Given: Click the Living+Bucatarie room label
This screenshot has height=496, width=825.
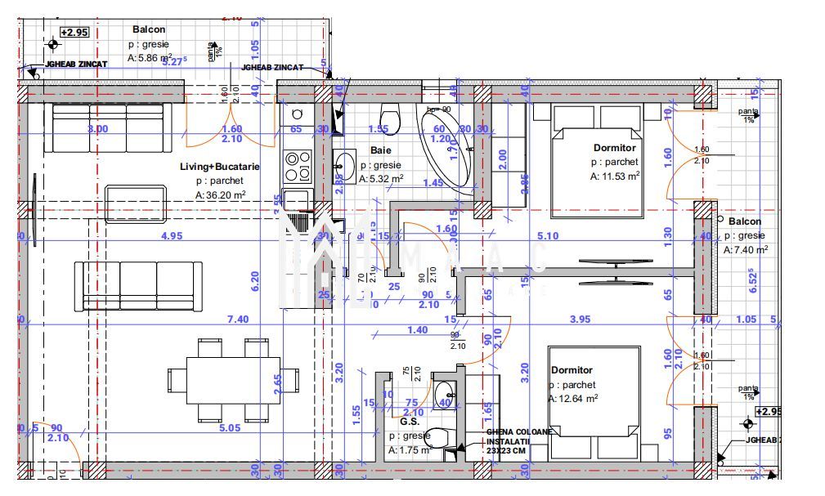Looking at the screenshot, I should [x=219, y=167].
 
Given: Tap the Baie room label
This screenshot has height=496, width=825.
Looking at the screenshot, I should [x=380, y=150].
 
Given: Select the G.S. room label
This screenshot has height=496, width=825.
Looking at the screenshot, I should [x=409, y=422].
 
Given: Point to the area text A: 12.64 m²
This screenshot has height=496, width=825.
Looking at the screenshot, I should [x=573, y=399].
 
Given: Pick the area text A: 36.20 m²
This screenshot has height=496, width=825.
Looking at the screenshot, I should [x=221, y=195].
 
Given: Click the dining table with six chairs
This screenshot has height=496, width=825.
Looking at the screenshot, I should [x=233, y=378].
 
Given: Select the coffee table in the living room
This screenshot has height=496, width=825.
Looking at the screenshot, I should [x=135, y=203].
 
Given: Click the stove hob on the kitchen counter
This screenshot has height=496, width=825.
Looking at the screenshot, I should [x=297, y=166].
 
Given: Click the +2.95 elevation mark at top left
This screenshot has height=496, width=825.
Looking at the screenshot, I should [x=74, y=33].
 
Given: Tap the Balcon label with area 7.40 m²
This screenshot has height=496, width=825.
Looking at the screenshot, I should [x=744, y=221].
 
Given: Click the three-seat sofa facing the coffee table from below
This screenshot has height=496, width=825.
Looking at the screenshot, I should [x=138, y=285].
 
